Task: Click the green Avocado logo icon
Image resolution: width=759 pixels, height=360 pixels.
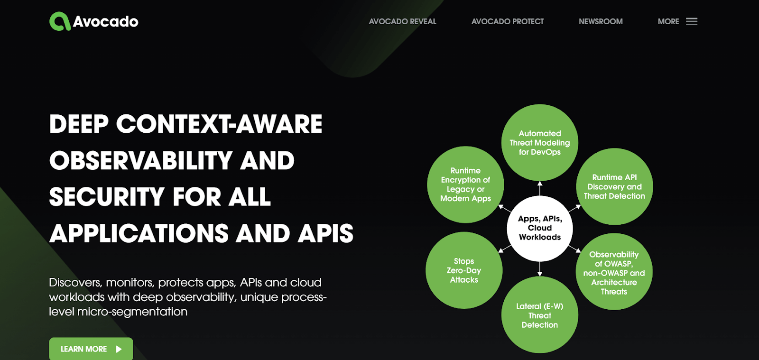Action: [x=60, y=21]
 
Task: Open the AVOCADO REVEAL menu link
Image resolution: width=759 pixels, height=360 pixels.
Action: [x=402, y=21]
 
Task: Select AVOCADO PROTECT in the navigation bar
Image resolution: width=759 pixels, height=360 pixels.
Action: [x=507, y=21]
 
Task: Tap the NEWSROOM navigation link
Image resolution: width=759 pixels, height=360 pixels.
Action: [x=601, y=21]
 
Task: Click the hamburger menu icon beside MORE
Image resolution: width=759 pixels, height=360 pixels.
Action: [x=692, y=21]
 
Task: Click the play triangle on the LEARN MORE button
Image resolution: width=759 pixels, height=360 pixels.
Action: [x=119, y=349]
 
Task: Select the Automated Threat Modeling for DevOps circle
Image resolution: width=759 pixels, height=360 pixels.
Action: [x=540, y=142]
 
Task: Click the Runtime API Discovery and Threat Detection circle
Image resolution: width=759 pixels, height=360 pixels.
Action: [x=614, y=186]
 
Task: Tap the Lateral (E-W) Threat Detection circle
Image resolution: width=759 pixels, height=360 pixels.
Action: [x=540, y=315]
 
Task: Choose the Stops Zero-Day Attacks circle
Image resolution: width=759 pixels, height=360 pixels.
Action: [x=464, y=270]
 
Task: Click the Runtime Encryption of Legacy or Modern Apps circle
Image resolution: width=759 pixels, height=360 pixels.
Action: [x=465, y=185]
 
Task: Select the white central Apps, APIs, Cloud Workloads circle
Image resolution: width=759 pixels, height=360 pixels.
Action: [x=540, y=228]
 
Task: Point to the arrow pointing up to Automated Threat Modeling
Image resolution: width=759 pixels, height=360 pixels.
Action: [x=540, y=188]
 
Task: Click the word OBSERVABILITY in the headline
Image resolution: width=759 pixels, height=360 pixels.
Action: [x=140, y=161]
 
